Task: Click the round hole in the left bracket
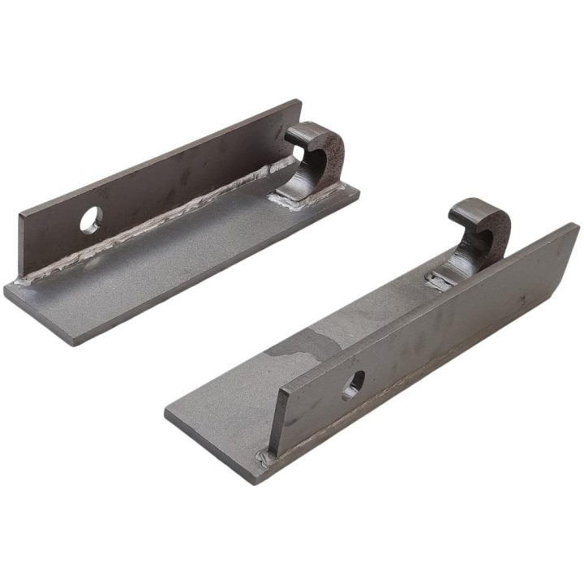(92, 218)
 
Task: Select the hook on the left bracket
(317, 154)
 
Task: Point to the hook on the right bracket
(483, 231)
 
